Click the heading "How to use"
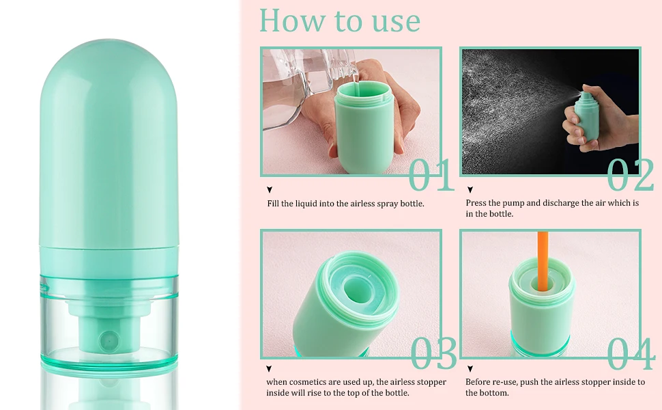(339, 20)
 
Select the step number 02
(631, 174)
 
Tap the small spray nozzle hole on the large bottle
(109, 340)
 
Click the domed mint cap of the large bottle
(109, 143)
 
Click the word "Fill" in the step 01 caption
(273, 204)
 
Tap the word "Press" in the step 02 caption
(476, 203)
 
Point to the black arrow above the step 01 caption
(270, 190)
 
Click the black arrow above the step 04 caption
(470, 368)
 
